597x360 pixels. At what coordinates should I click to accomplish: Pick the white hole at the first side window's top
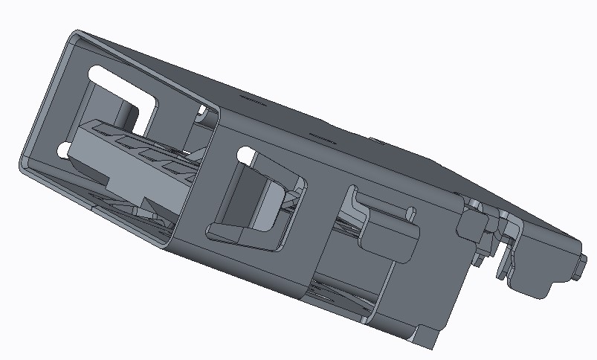[x=244, y=155]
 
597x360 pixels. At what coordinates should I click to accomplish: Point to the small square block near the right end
[x=471, y=224]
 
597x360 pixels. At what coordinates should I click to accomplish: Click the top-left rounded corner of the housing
[x=76, y=36]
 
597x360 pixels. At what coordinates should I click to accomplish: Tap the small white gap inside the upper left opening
[x=201, y=112]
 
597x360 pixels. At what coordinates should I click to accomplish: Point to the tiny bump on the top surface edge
[x=377, y=138]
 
